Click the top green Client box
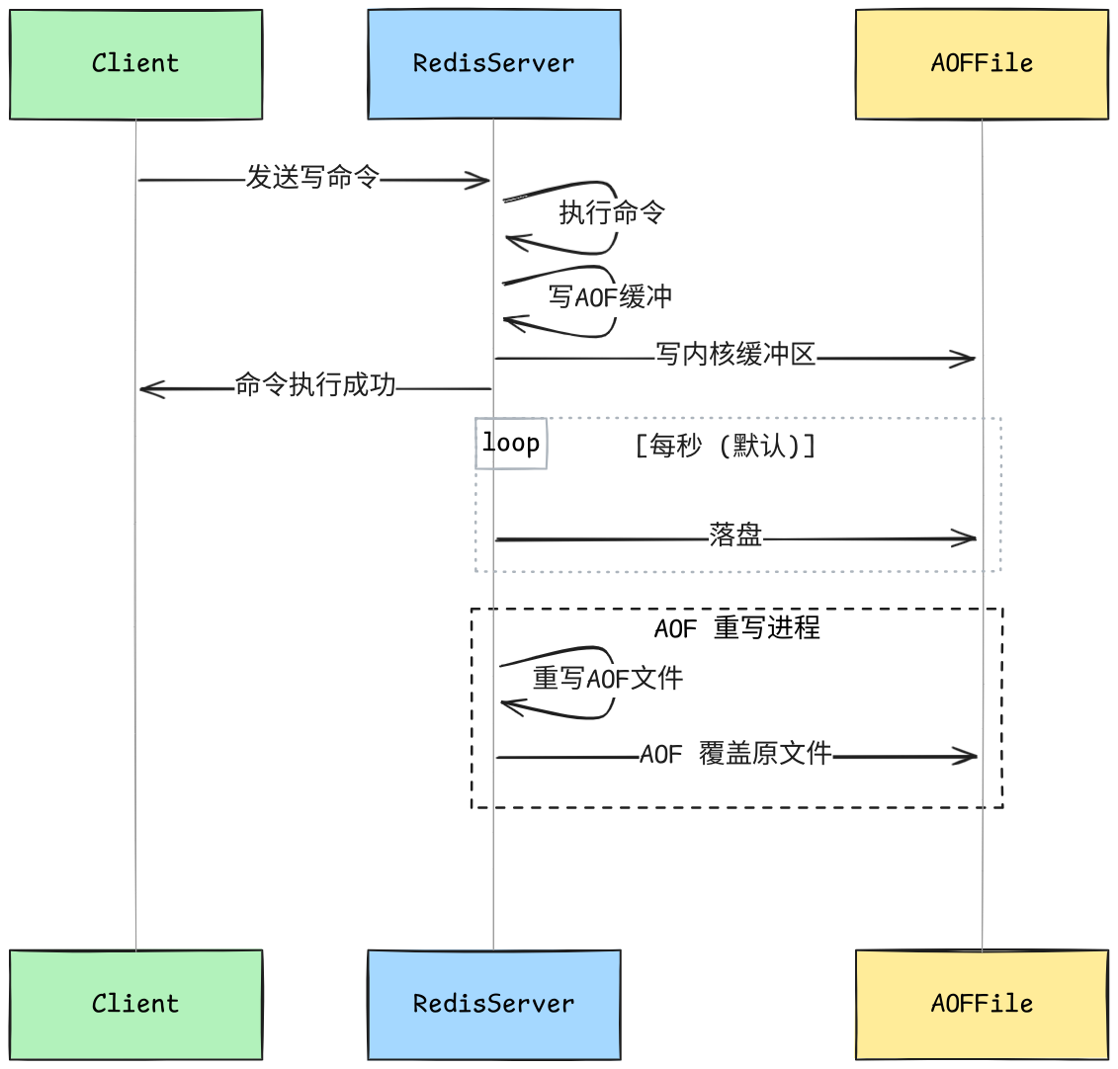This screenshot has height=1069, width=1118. [136, 64]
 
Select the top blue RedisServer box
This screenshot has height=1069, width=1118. [493, 64]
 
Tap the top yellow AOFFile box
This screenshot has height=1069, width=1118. [982, 64]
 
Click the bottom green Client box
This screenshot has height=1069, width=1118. [136, 1004]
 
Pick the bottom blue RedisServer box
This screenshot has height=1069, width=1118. [493, 1004]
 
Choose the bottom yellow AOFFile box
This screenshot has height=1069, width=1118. [982, 1004]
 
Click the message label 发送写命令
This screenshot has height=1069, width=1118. [312, 178]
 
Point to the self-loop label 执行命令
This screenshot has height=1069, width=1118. [612, 212]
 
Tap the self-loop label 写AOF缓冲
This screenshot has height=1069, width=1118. [610, 296]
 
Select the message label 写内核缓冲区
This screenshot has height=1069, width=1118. [736, 355]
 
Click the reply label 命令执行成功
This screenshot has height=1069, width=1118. [315, 385]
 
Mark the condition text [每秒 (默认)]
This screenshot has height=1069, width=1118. [726, 446]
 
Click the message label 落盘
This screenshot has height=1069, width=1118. [736, 535]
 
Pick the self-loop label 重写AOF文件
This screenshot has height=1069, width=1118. [608, 679]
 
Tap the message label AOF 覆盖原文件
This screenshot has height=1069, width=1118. [736, 754]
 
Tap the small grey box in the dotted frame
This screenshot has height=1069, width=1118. [511, 443]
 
